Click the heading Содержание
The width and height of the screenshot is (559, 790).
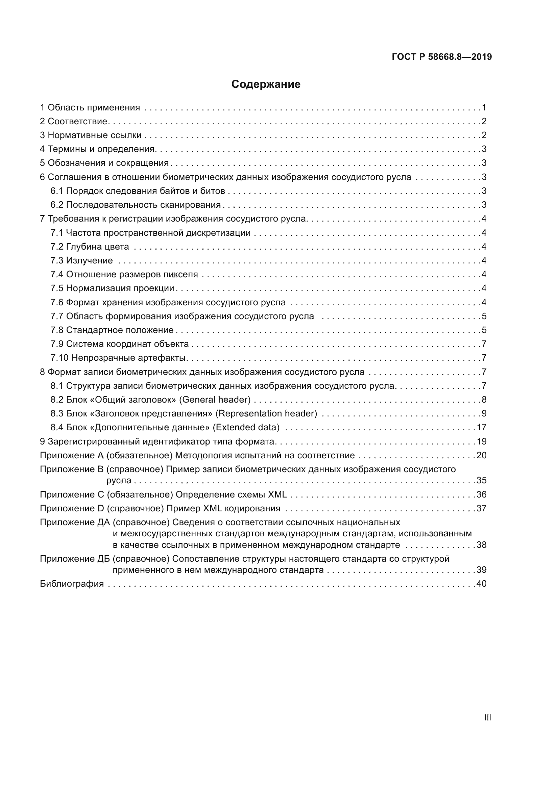[x=266, y=84]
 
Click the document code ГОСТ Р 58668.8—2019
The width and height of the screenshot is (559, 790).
[x=442, y=57]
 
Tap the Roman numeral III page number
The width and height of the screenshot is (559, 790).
[x=487, y=718]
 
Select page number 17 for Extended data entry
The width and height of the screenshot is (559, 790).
[x=481, y=427]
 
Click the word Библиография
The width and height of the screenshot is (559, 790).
[x=72, y=584]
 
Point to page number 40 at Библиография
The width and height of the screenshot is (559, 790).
[x=481, y=584]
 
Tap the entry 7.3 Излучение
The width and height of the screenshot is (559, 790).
[x=81, y=260]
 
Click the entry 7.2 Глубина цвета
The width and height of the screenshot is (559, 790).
[x=90, y=247]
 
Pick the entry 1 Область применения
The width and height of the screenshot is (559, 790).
[x=90, y=108]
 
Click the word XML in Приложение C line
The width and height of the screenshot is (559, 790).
[x=277, y=494]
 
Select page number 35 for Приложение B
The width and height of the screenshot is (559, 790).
[x=481, y=480]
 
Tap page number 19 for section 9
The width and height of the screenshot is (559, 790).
[x=481, y=441]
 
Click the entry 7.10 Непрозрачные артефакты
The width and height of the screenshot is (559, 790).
[x=119, y=358]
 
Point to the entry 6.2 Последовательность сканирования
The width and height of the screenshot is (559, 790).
[x=135, y=205]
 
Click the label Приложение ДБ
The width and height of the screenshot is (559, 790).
[x=75, y=559]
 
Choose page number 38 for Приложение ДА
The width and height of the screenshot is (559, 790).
[x=481, y=545]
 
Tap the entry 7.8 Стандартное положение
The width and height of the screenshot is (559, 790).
[x=112, y=330]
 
